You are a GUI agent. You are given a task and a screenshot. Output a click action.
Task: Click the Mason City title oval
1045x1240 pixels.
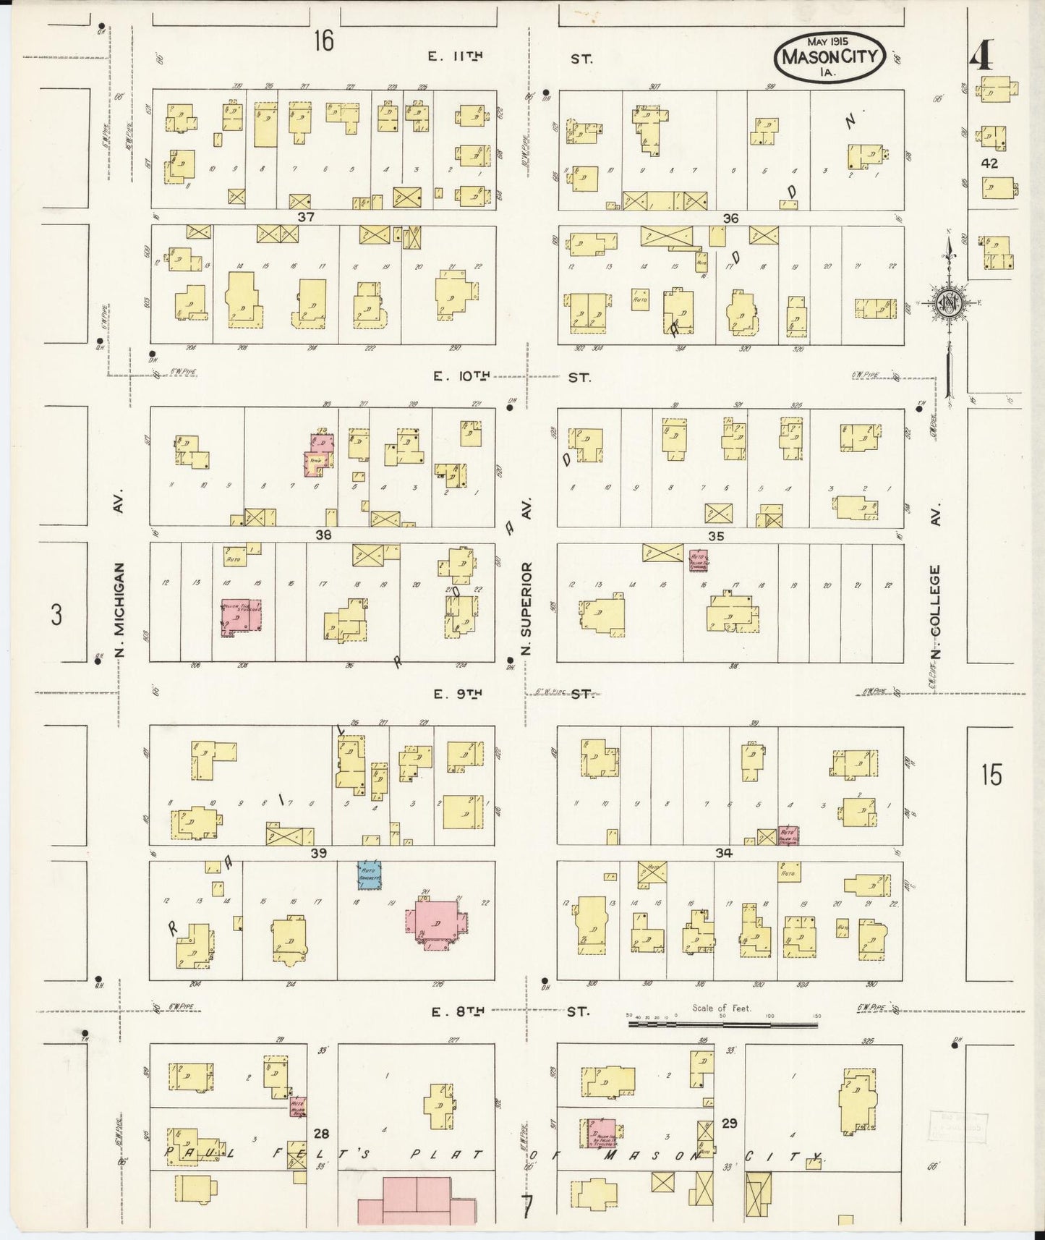(x=830, y=56)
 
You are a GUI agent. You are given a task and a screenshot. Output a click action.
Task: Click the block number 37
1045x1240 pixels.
(x=307, y=216)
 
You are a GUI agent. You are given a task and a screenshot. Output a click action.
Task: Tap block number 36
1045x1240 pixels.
(x=730, y=218)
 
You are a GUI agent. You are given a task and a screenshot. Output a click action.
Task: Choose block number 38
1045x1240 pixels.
(x=323, y=535)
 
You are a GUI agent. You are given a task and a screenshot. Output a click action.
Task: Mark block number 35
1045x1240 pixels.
(x=716, y=536)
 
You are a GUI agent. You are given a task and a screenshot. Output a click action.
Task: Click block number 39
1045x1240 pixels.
(x=318, y=854)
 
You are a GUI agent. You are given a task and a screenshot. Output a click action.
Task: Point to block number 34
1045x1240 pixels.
(x=724, y=854)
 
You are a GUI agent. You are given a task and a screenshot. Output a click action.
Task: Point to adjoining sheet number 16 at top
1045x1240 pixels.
(x=323, y=41)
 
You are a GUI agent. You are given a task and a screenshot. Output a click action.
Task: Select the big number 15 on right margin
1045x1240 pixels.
(x=991, y=776)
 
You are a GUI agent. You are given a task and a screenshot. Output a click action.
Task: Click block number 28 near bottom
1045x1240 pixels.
(x=321, y=1134)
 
